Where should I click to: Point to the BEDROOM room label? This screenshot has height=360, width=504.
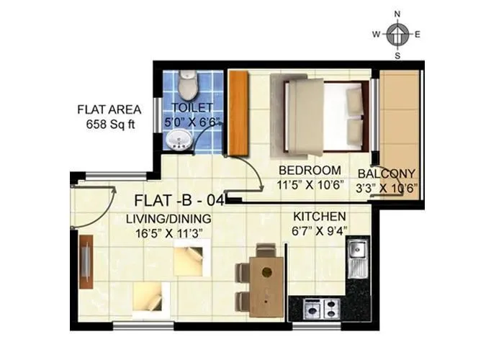point(310,171)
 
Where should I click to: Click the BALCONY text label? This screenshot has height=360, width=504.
point(387,174)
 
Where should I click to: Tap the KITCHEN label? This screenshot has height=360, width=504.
point(320,216)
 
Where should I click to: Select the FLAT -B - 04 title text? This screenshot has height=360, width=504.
point(180,200)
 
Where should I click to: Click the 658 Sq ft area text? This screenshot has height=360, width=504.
point(109,123)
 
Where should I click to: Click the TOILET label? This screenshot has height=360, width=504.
point(187,109)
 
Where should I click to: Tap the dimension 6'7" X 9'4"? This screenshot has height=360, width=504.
point(320,230)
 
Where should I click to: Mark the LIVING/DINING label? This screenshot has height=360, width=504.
point(168,219)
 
